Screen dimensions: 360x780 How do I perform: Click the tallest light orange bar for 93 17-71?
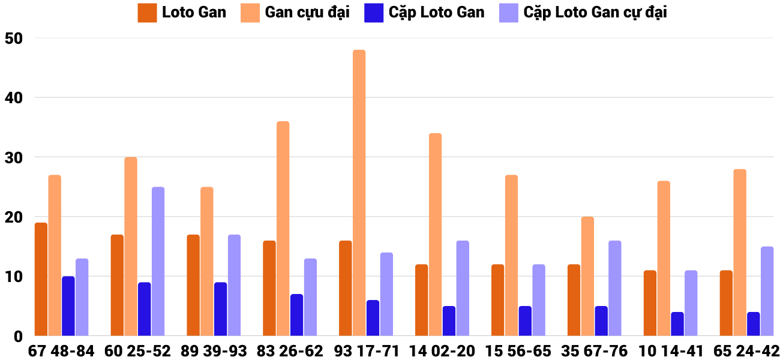pyautogui.click(x=359, y=192)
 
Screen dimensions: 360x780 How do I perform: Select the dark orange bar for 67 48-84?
pyautogui.click(x=41, y=279)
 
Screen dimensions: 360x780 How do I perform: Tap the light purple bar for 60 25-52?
pyautogui.click(x=158, y=261)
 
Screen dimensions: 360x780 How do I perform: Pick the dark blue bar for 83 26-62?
pyautogui.click(x=296, y=315)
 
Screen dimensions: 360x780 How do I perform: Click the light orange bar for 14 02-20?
pyautogui.click(x=435, y=234)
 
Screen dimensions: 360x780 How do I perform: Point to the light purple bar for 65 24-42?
pyautogui.click(x=767, y=291)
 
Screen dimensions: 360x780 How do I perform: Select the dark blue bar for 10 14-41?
pyautogui.click(x=677, y=324)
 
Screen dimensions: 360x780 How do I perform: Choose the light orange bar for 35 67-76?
pyautogui.click(x=587, y=276)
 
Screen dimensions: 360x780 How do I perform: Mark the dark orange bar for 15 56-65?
pyautogui.click(x=497, y=300)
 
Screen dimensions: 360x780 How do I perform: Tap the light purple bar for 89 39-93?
pyautogui.click(x=234, y=285)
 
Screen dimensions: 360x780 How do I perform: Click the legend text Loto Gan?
pyautogui.click(x=194, y=13)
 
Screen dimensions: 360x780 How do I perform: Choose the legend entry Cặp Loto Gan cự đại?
pyautogui.click(x=595, y=13)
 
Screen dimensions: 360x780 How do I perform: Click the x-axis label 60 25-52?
pyautogui.click(x=137, y=351)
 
